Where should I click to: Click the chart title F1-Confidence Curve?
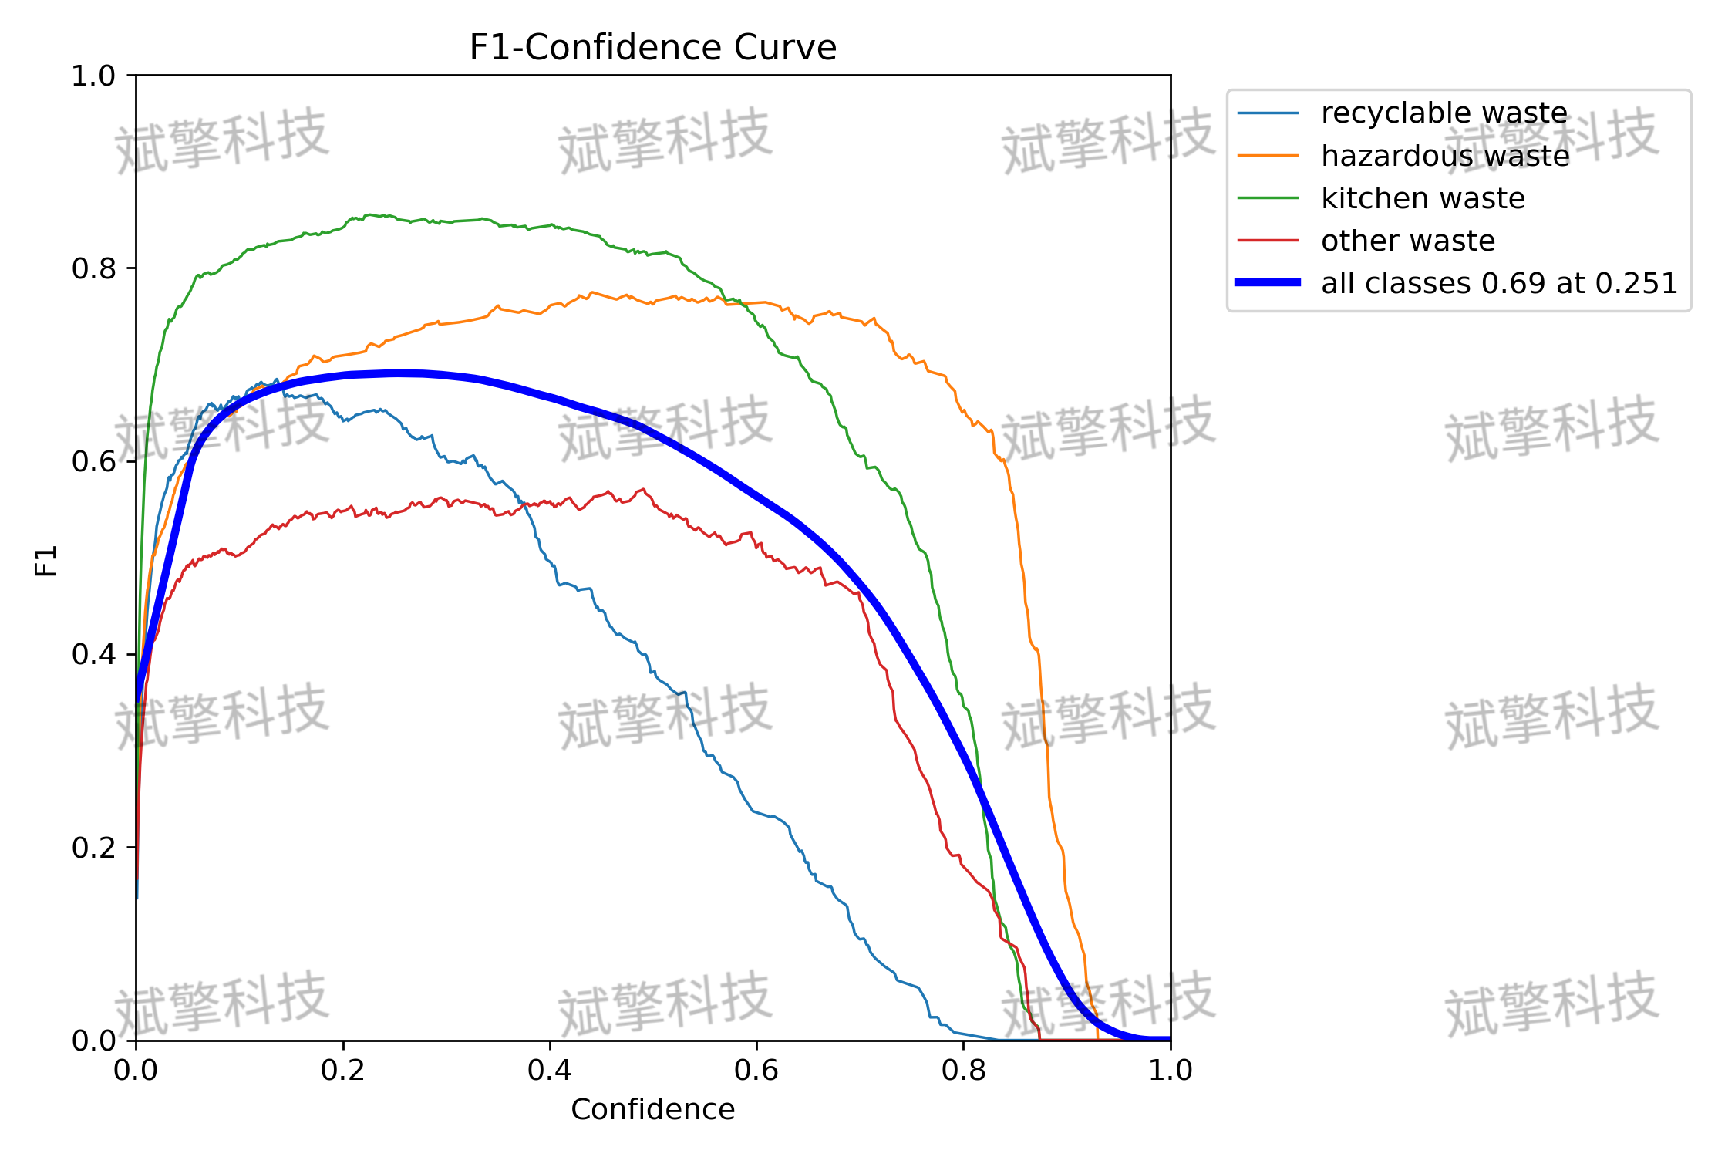click(652, 48)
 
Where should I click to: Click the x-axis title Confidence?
click(652, 1109)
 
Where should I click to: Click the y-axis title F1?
click(46, 561)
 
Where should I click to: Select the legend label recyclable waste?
click(1444, 113)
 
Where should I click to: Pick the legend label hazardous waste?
click(1445, 156)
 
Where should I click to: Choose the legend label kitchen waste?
click(1423, 198)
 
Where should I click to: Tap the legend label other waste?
click(1408, 241)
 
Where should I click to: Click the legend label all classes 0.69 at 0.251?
click(1499, 283)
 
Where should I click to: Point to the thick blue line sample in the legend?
click(1268, 282)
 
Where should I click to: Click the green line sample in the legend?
click(1268, 198)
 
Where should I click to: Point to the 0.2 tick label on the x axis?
click(342, 1071)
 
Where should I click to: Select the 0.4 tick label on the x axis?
click(549, 1071)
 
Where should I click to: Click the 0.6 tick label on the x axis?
click(756, 1071)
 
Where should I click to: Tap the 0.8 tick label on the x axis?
click(963, 1071)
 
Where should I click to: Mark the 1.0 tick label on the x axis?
click(1170, 1071)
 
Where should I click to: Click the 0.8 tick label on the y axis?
click(93, 268)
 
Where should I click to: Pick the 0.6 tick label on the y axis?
click(93, 461)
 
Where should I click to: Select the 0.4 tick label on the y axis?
click(93, 654)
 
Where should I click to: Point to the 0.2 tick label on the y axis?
click(93, 848)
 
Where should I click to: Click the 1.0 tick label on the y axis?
click(93, 76)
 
